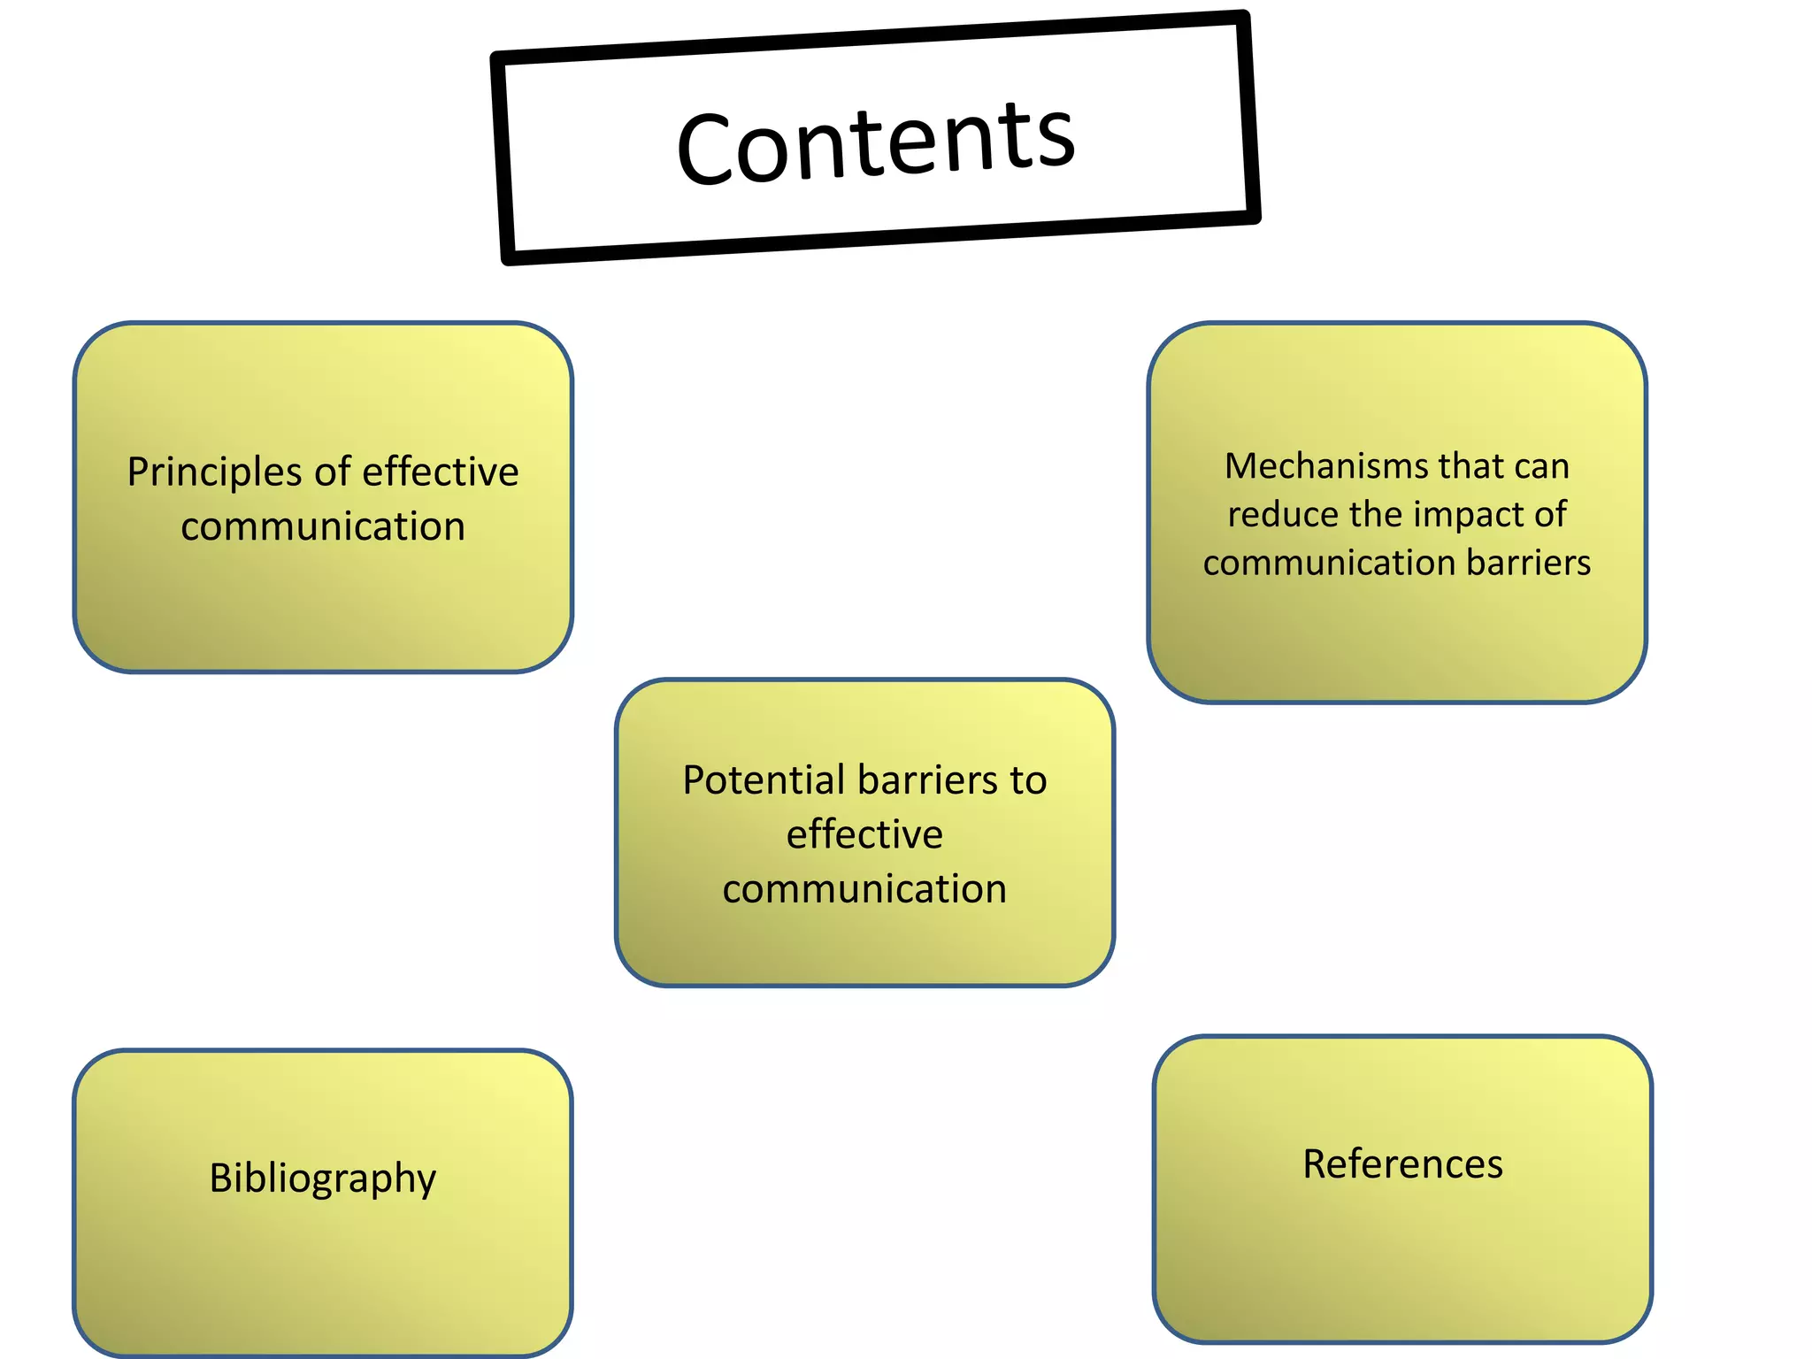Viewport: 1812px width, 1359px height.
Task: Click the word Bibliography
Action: point(323,1179)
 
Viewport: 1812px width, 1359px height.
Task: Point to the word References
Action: point(1402,1164)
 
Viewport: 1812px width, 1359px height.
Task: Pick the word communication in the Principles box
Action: point(323,527)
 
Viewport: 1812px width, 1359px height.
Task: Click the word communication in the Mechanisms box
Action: point(1328,563)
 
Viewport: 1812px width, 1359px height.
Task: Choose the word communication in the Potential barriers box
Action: point(864,889)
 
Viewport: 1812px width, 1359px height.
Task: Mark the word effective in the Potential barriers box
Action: point(864,834)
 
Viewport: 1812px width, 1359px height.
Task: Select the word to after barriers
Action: point(1027,780)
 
